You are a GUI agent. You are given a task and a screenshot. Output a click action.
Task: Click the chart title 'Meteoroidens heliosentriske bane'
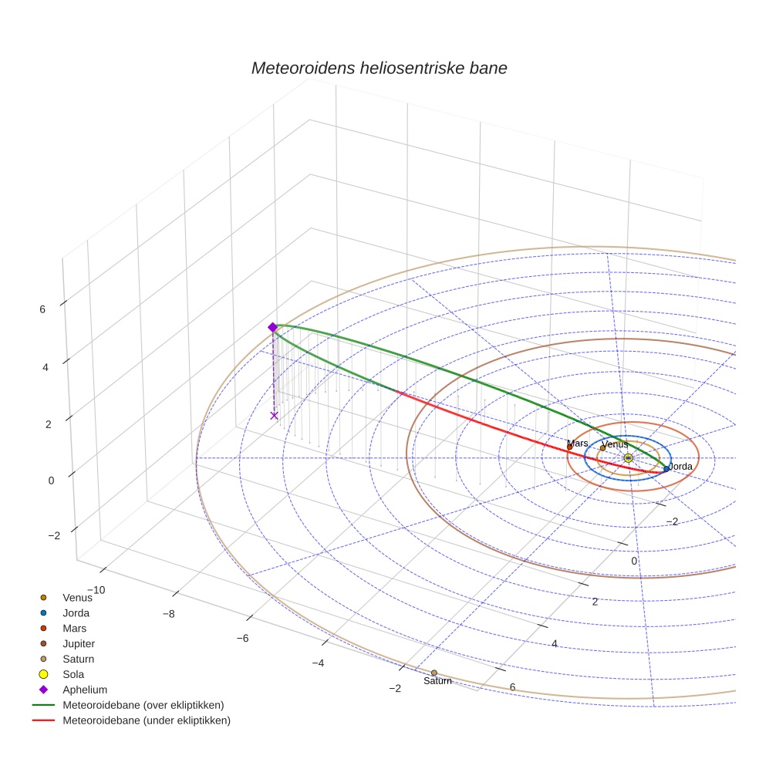coord(379,68)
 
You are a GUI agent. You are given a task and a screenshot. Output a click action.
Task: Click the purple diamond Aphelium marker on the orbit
coord(272,328)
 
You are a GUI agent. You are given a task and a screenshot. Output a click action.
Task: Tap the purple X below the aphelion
coord(274,416)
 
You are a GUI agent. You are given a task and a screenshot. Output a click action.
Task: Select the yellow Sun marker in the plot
coord(628,458)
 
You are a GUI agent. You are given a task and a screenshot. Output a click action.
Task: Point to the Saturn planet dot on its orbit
coord(434,673)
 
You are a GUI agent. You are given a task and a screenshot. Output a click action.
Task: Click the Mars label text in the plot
coord(577,444)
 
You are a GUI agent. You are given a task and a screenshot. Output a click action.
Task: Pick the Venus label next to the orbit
coord(614,445)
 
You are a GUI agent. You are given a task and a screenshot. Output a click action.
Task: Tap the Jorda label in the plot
coord(680,467)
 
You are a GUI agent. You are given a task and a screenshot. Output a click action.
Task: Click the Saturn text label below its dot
coord(437,681)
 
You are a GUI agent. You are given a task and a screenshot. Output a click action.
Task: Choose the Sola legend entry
coord(73,674)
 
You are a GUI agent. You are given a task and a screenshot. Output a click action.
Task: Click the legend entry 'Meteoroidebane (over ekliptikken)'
coord(143,705)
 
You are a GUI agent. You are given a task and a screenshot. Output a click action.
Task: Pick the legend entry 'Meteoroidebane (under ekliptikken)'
coord(146,720)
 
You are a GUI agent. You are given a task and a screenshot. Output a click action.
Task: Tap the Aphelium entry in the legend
coord(84,690)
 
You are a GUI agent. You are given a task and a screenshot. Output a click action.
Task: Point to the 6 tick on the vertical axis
coord(42,309)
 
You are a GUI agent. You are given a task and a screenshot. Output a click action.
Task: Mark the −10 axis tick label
coord(96,590)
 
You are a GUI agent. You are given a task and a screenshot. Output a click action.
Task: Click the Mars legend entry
coord(74,628)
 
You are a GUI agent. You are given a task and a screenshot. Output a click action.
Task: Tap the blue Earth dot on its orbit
coord(666,469)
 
